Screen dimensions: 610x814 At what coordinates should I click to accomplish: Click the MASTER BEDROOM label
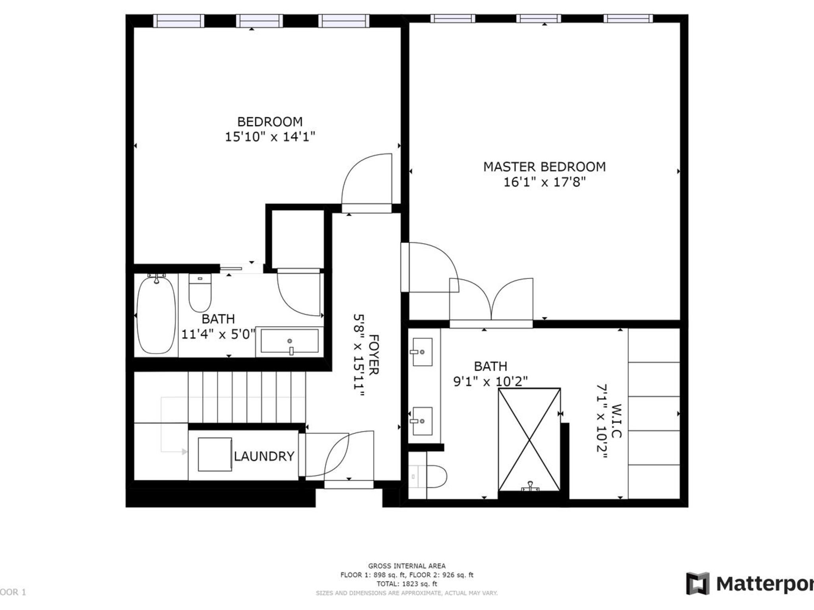click(x=544, y=167)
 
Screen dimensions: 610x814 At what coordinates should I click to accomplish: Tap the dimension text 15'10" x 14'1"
click(x=270, y=137)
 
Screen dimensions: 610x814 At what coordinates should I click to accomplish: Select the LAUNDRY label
click(x=264, y=456)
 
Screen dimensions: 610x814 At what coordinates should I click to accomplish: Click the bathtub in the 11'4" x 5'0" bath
click(x=156, y=315)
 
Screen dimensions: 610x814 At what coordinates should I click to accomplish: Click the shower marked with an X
click(x=529, y=440)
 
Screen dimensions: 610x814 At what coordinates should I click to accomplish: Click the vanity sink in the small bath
click(x=289, y=341)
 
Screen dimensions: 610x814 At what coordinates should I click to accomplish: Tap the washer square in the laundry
click(x=215, y=454)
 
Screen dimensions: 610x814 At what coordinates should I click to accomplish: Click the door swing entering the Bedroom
click(x=366, y=181)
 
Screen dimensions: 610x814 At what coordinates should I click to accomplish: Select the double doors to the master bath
click(x=491, y=301)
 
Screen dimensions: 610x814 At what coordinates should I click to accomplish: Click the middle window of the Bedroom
click(x=259, y=21)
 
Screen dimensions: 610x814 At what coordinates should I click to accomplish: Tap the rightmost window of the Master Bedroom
click(x=628, y=18)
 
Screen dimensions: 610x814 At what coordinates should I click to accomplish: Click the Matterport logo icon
click(x=698, y=584)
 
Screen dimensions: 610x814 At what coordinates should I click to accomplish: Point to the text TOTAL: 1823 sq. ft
click(x=407, y=584)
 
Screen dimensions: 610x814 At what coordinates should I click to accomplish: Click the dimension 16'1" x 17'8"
click(x=544, y=182)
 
